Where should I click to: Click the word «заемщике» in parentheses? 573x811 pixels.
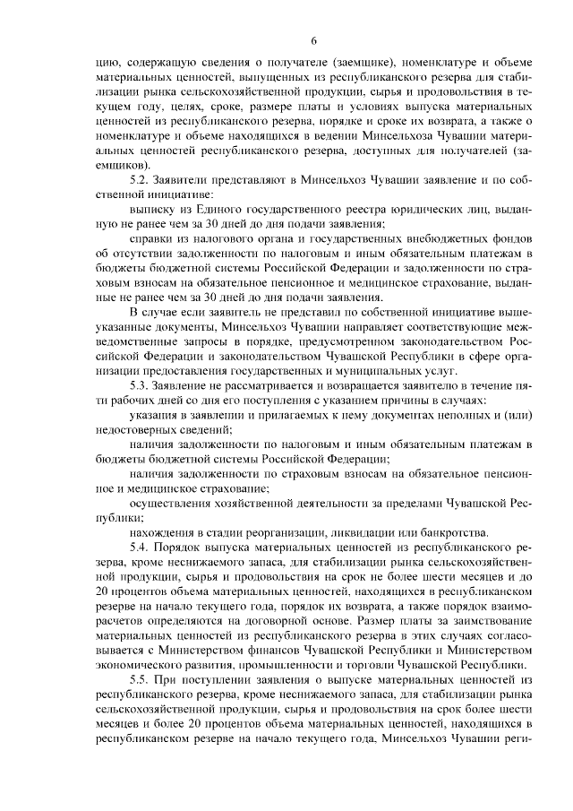pyautogui.click(x=382, y=63)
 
